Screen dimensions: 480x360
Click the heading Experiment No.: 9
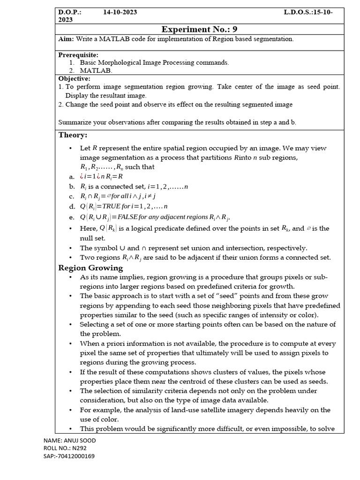tap(202, 30)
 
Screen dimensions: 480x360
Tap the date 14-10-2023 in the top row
tap(120, 12)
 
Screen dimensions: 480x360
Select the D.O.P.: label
tap(70, 12)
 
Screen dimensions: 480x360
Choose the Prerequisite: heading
tap(78, 55)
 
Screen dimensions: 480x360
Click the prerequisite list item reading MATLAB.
tap(96, 70)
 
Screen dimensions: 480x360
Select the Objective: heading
tap(74, 79)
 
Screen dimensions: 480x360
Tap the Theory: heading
tap(73, 135)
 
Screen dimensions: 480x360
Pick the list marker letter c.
tap(71, 197)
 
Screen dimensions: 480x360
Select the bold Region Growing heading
tap(90, 268)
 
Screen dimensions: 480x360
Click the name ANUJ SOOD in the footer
tap(82, 441)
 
